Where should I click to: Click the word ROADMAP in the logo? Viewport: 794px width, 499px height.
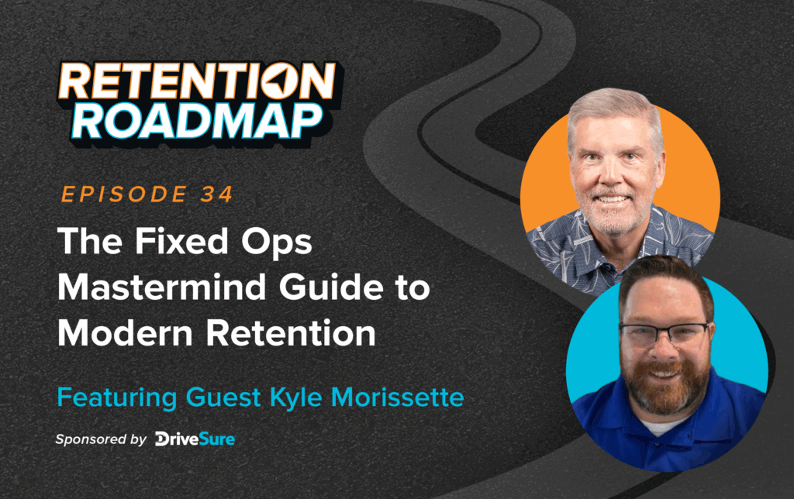point(200,122)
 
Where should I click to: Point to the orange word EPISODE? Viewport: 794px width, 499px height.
point(120,194)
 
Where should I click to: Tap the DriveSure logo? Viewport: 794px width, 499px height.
point(195,439)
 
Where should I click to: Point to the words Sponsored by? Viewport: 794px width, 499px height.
point(100,439)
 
